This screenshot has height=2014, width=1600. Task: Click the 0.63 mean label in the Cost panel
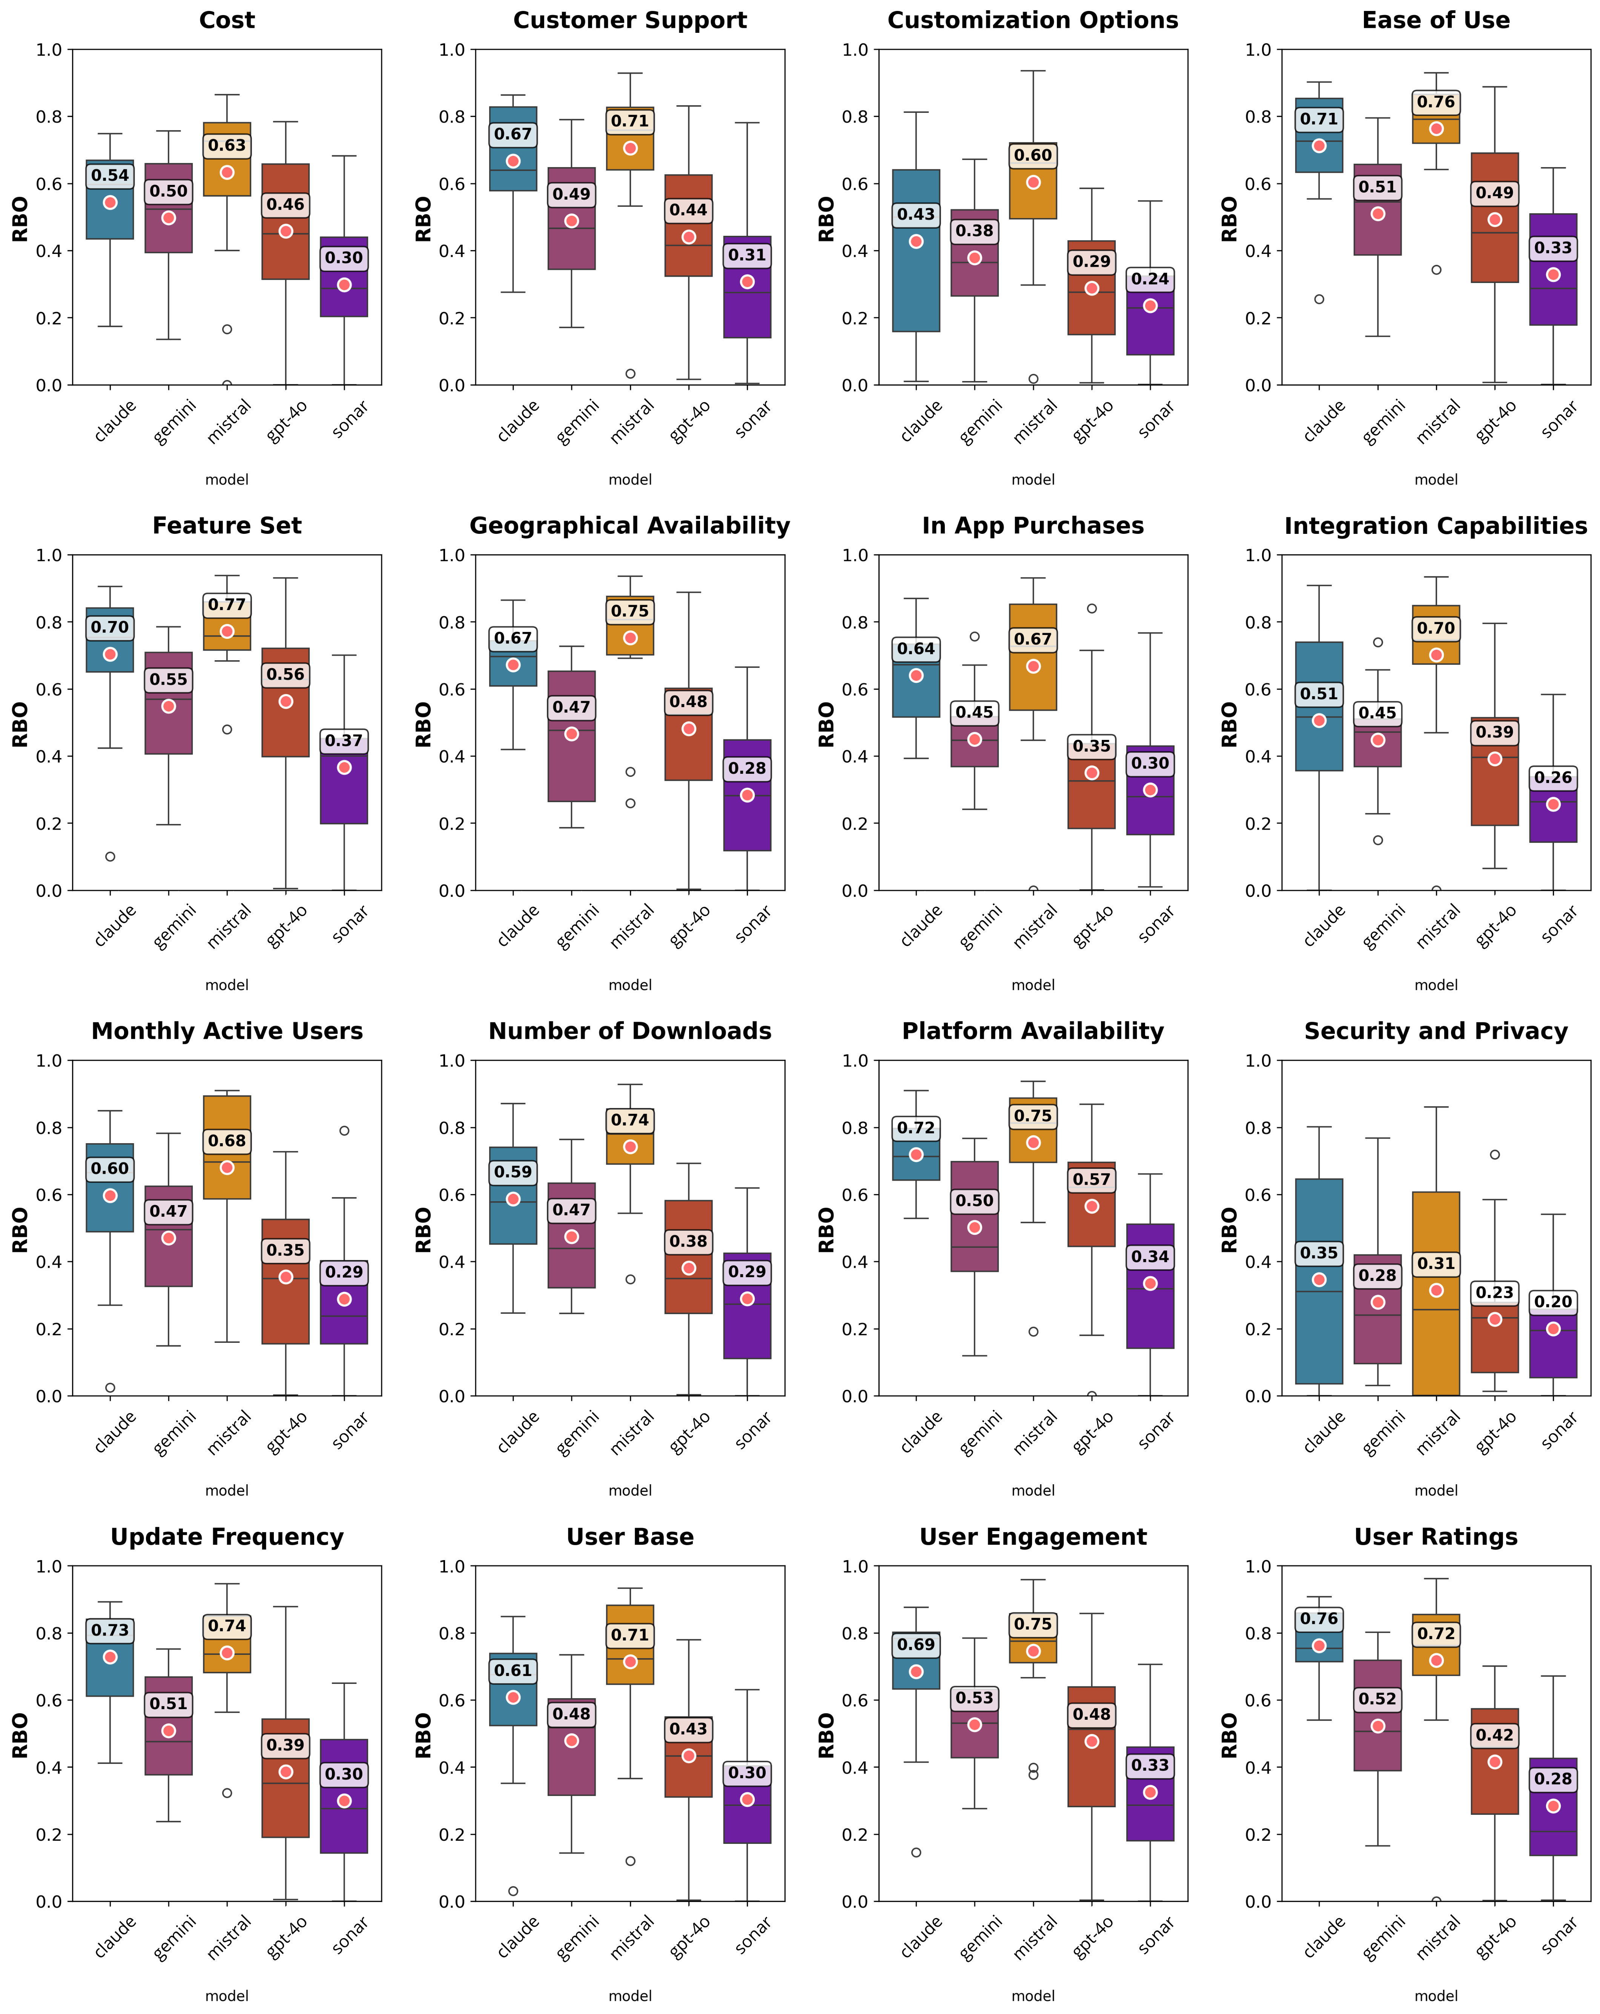[x=227, y=146]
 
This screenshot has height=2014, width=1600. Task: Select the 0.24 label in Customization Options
[x=1150, y=279]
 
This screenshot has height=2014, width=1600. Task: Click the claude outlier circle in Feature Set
[x=110, y=856]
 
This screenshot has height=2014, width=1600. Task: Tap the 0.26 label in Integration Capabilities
[x=1552, y=777]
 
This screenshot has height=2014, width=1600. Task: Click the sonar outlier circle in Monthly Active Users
[x=344, y=1130]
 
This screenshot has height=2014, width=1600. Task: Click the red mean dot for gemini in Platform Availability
[x=974, y=1227]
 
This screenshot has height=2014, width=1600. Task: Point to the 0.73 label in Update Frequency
[x=110, y=1630]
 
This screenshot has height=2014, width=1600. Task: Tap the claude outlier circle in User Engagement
[x=916, y=1853]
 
